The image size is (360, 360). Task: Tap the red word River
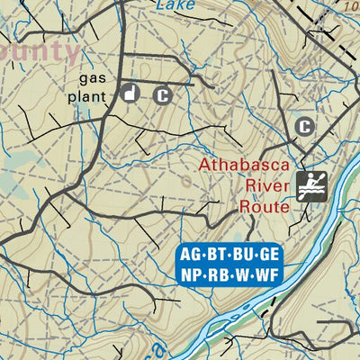(264, 185)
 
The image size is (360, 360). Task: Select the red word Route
(263, 205)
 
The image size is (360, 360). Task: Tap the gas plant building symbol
(130, 93)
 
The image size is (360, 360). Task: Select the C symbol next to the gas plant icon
(162, 94)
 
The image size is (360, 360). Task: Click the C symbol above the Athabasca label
(305, 126)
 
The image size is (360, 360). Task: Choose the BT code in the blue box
(217, 254)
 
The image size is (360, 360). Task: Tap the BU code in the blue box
(243, 254)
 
